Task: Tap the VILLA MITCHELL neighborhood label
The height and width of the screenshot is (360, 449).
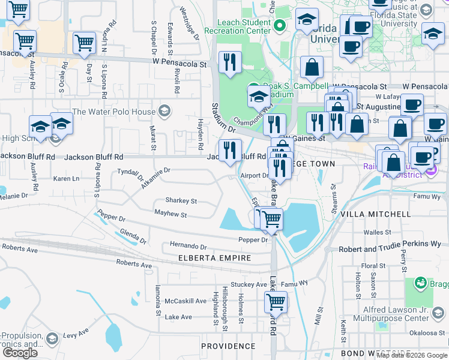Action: [376, 214]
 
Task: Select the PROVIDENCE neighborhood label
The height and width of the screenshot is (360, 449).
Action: [228, 346]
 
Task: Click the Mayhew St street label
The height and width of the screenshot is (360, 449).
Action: [170, 214]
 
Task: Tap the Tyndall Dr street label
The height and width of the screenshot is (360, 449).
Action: [131, 173]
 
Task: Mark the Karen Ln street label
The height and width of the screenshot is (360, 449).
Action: [66, 179]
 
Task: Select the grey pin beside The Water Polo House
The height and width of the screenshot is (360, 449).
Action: [164, 111]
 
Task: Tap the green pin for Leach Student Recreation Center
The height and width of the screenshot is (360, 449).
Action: [279, 26]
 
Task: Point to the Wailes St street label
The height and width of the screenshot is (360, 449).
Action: [377, 232]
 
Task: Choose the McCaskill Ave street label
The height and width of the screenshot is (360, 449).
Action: [186, 301]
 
